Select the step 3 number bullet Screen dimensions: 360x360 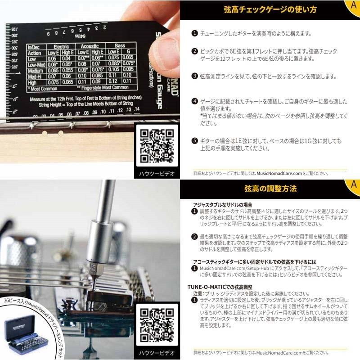pyautogui.click(x=194, y=76)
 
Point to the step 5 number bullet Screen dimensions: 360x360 pyautogui.click(x=194, y=140)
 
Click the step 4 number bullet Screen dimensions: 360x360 pyautogui.click(x=194, y=102)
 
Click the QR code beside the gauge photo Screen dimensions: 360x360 pyautogui.click(x=157, y=146)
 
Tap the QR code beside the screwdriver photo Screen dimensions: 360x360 pyautogui.click(x=157, y=324)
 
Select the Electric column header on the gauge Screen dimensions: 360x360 pyautogui.click(x=61, y=46)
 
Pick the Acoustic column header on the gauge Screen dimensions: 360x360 pyautogui.click(x=90, y=46)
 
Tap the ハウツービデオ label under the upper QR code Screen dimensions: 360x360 pyautogui.click(x=157, y=173)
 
